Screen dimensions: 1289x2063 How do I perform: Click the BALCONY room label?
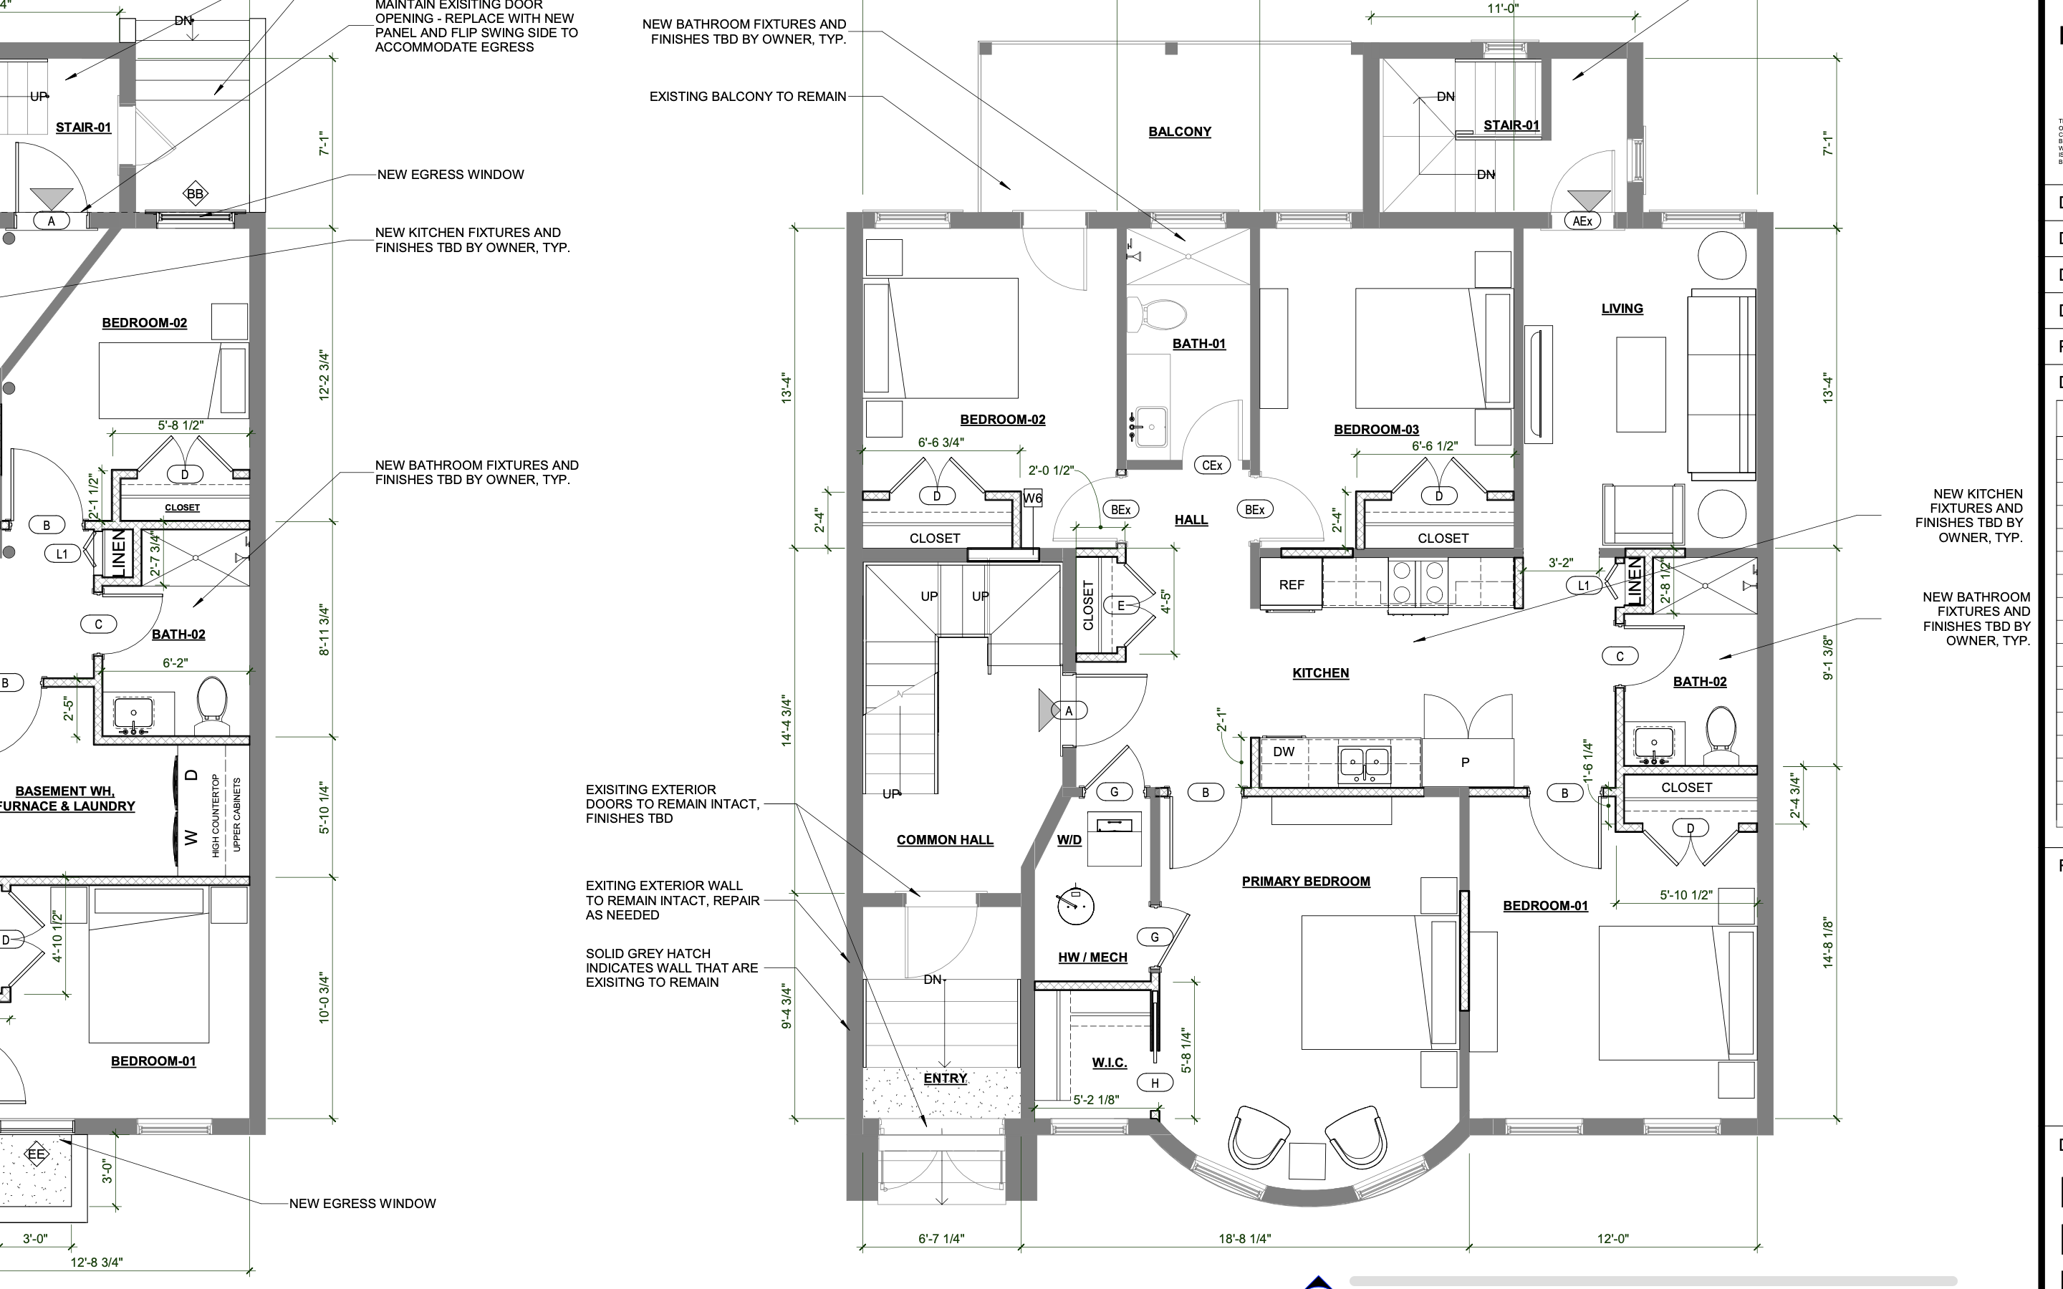[1179, 131]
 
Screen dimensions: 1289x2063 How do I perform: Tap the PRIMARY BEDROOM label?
[1305, 882]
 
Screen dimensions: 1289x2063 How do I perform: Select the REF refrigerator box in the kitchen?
[1291, 585]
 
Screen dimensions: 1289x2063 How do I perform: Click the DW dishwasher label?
[1283, 752]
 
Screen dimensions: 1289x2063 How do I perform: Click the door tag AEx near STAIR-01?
[1582, 221]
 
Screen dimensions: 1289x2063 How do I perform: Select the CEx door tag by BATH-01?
[1211, 465]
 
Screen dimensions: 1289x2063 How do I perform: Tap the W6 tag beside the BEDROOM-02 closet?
[1032, 498]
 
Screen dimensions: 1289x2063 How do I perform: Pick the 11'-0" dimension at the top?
[1503, 9]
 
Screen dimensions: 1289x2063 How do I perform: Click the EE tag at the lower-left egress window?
[36, 1155]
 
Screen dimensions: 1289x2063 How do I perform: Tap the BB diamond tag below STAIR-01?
[196, 193]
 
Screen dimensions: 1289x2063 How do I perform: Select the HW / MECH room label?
[1092, 957]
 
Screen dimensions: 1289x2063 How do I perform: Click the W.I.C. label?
[1109, 1062]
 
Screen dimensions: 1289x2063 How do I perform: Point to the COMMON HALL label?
[945, 840]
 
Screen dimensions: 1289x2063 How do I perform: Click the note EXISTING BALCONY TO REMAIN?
[748, 97]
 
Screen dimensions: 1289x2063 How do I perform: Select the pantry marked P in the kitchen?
[1465, 762]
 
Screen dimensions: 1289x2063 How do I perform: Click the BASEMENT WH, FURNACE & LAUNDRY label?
[67, 798]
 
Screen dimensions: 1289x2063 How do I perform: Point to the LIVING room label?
[1622, 309]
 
